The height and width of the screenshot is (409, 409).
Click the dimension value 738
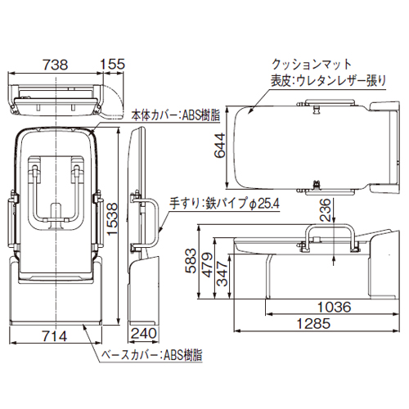pyautogui.click(x=56, y=65)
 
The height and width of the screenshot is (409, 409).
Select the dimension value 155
pyautogui.click(x=113, y=65)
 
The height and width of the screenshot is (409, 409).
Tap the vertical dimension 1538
pyautogui.click(x=112, y=219)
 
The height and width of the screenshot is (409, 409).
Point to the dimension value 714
pyautogui.click(x=55, y=336)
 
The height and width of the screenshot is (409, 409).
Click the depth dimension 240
pyautogui.click(x=144, y=333)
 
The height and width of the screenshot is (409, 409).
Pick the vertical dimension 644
pyautogui.click(x=220, y=146)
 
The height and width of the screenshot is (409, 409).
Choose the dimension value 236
pyautogui.click(x=325, y=209)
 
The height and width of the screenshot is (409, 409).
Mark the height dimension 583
pyautogui.click(x=191, y=261)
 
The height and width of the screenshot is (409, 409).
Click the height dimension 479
pyautogui.click(x=208, y=265)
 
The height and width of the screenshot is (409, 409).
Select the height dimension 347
pyautogui.click(x=222, y=274)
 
